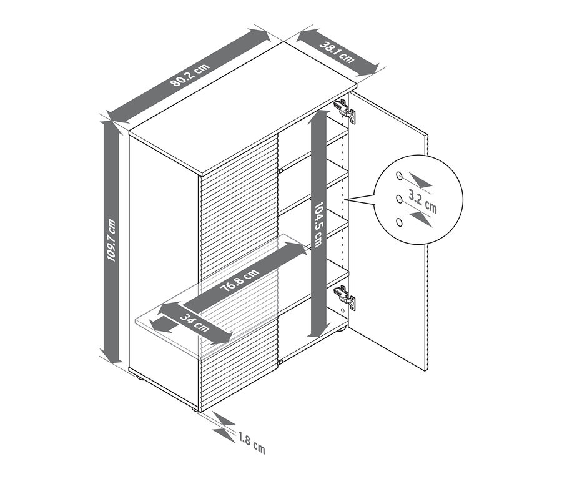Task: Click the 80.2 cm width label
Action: pyautogui.click(x=190, y=75)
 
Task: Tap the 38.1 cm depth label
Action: pyautogui.click(x=337, y=52)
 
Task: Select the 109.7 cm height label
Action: pyautogui.click(x=112, y=240)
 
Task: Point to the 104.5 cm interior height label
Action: pyautogui.click(x=318, y=225)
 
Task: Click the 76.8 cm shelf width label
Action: pyautogui.click(x=239, y=281)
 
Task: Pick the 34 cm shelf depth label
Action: pyautogui.click(x=195, y=322)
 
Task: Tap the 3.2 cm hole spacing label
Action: pyautogui.click(x=423, y=202)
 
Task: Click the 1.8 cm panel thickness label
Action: pyautogui.click(x=252, y=442)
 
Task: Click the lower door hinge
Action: pyautogui.click(x=345, y=297)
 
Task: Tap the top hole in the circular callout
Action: pyautogui.click(x=398, y=175)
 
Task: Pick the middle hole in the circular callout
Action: pyautogui.click(x=398, y=199)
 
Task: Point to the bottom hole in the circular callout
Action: pyautogui.click(x=399, y=222)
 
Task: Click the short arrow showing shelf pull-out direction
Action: pyautogui.click(x=164, y=325)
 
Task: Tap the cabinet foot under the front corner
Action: pyautogui.click(x=195, y=409)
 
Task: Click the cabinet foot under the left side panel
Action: pyautogui.click(x=139, y=377)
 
